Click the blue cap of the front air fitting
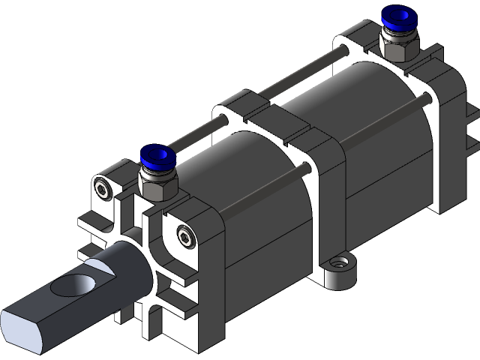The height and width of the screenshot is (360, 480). (158, 157)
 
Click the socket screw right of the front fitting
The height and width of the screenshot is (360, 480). (184, 238)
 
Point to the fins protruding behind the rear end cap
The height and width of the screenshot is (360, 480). (470, 127)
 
